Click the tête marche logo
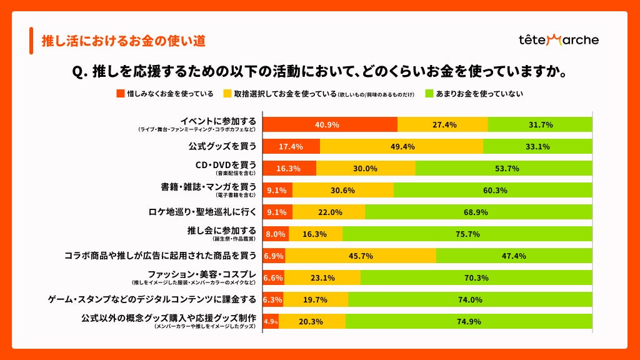tap(558, 40)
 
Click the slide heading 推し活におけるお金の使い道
tap(123, 41)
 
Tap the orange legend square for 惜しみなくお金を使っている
tap(121, 94)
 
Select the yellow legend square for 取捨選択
tap(228, 94)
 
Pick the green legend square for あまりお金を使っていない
tap(430, 94)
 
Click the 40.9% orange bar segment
tap(329, 124)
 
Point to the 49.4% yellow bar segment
tap(401, 147)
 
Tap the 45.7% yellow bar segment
tap(361, 256)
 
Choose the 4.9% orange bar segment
tap(271, 321)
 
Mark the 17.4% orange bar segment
tap(291, 147)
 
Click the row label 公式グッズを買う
tap(223, 147)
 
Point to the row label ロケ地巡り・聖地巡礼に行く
tap(202, 212)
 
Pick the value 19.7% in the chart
tap(316, 299)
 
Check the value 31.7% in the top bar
tap(541, 124)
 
